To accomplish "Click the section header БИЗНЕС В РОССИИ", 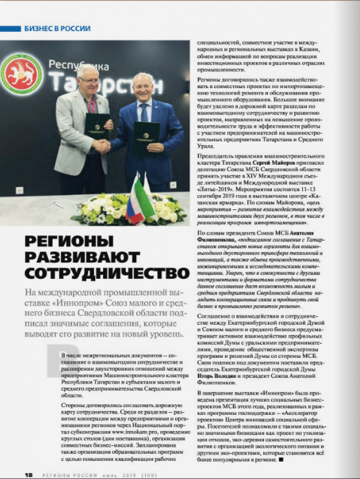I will coord(57,29).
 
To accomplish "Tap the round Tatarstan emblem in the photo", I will coord(21,74).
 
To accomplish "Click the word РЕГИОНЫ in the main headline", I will coord(69,241).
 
